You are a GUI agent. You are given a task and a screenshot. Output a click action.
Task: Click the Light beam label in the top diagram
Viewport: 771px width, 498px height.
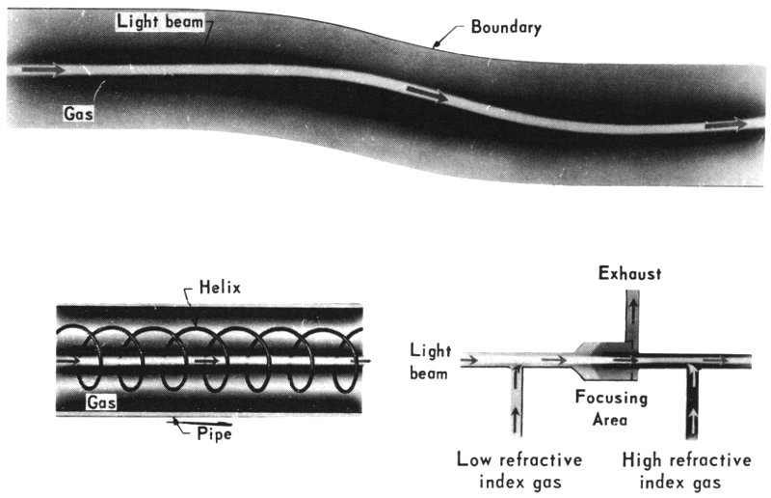coord(161,21)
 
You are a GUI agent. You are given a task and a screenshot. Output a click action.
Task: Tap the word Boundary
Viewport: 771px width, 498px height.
coord(506,27)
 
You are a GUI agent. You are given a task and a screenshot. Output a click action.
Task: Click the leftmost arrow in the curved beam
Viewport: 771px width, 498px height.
coord(42,70)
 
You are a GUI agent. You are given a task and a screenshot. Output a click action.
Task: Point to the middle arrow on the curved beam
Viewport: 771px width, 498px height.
coord(427,95)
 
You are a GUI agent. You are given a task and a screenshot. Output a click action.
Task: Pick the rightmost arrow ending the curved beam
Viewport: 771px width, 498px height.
coord(726,124)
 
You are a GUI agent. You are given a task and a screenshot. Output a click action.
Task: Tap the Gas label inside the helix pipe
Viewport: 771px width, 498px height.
coord(102,400)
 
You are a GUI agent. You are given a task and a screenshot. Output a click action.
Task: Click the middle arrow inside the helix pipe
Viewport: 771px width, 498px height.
coord(207,362)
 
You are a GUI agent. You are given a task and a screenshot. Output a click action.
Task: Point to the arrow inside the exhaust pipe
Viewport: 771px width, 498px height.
coord(632,314)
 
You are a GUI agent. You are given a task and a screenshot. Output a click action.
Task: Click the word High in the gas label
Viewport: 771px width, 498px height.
coord(643,459)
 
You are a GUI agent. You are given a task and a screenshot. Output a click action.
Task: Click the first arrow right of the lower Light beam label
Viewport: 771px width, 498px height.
coord(471,363)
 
